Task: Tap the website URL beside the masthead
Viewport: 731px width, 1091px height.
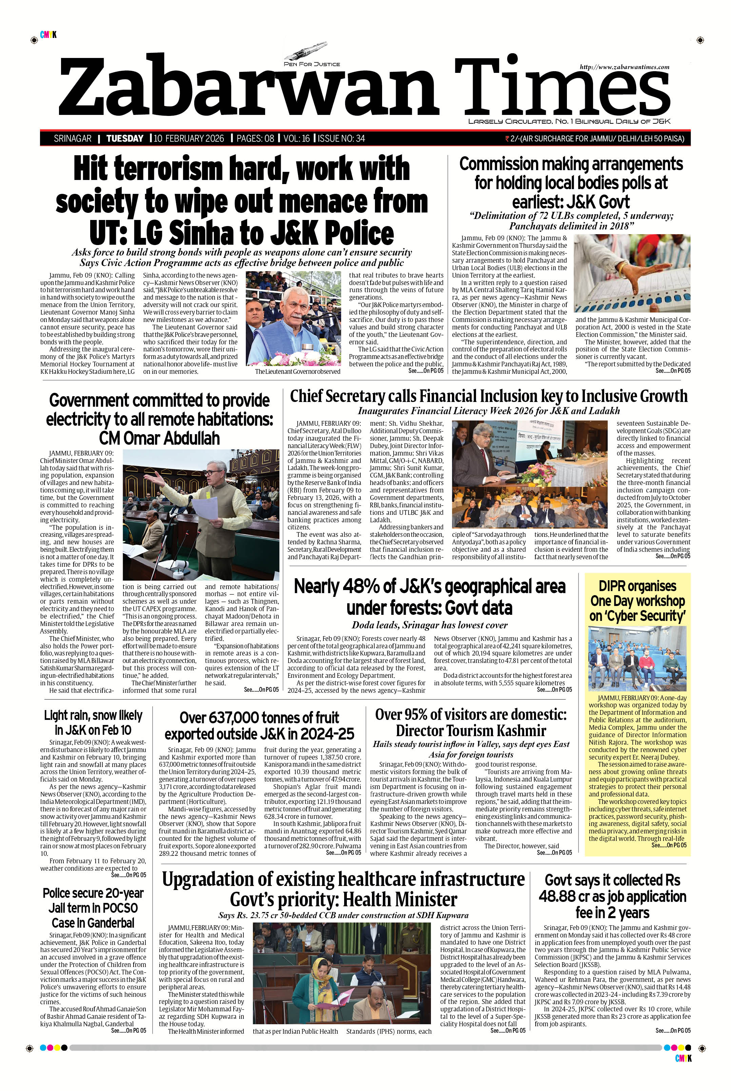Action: point(624,67)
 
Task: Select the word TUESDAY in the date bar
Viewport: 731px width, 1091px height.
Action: point(124,138)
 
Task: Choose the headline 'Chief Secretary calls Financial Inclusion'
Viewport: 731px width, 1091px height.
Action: point(488,397)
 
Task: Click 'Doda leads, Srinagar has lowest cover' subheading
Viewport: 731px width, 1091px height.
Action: point(429,625)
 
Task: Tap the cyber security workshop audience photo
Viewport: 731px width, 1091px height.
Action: point(637,658)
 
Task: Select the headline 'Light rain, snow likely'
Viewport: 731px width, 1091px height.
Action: point(93,715)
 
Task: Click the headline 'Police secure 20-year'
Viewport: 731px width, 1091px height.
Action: point(93,893)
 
